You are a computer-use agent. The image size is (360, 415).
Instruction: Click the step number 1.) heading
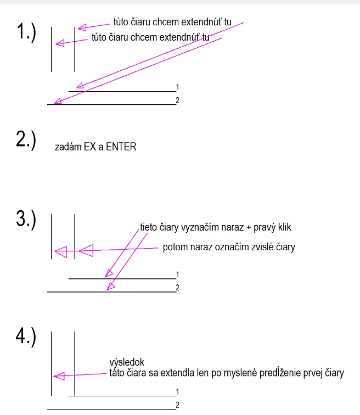click(x=26, y=32)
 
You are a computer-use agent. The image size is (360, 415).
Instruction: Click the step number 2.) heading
click(x=26, y=141)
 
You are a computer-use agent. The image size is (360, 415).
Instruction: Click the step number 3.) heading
click(x=26, y=220)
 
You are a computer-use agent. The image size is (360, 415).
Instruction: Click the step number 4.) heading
click(x=26, y=337)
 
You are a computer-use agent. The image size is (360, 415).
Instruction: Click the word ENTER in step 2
click(x=121, y=147)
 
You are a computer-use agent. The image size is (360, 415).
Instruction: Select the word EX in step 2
click(x=89, y=147)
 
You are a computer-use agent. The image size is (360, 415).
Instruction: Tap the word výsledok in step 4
click(x=127, y=362)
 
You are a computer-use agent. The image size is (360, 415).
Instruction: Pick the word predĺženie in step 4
click(x=280, y=373)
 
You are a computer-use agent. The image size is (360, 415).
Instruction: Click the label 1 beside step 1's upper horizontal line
click(x=177, y=87)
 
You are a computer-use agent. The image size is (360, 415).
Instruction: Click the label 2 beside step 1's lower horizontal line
click(x=177, y=100)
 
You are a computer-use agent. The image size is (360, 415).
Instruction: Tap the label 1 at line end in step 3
click(x=177, y=274)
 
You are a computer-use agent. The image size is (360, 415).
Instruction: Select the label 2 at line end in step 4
click(x=177, y=405)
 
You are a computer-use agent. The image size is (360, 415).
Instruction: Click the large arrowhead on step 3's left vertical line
click(x=61, y=251)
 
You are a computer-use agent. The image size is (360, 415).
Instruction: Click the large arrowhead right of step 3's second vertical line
click(x=86, y=250)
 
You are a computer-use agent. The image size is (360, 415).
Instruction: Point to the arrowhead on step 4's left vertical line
click(x=59, y=376)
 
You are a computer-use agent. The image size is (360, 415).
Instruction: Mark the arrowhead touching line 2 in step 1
click(x=58, y=102)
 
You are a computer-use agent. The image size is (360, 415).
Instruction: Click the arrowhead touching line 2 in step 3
click(x=110, y=286)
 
